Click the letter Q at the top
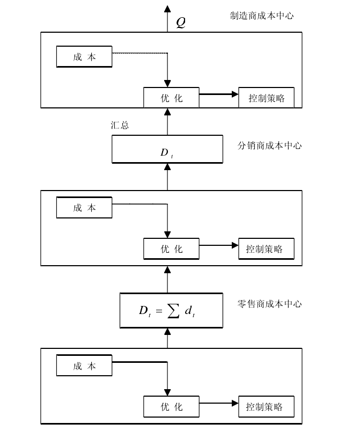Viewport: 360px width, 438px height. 181,23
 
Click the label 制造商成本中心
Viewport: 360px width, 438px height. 262,16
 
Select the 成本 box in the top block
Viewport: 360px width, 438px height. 84,57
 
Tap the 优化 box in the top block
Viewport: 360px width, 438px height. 171,98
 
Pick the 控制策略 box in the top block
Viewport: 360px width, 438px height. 266,98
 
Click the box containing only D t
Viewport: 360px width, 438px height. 167,149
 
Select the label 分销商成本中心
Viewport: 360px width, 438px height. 269,146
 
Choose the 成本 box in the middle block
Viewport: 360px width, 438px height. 84,208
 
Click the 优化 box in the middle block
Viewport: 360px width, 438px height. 171,249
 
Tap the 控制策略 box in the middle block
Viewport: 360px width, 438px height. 266,249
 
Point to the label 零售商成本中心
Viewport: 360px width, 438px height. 269,304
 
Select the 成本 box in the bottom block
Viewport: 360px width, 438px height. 84,367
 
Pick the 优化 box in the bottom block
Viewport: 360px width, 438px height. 171,407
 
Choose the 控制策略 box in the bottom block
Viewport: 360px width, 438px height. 266,407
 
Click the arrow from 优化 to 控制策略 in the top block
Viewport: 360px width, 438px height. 218,94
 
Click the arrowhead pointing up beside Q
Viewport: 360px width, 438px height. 167,9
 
